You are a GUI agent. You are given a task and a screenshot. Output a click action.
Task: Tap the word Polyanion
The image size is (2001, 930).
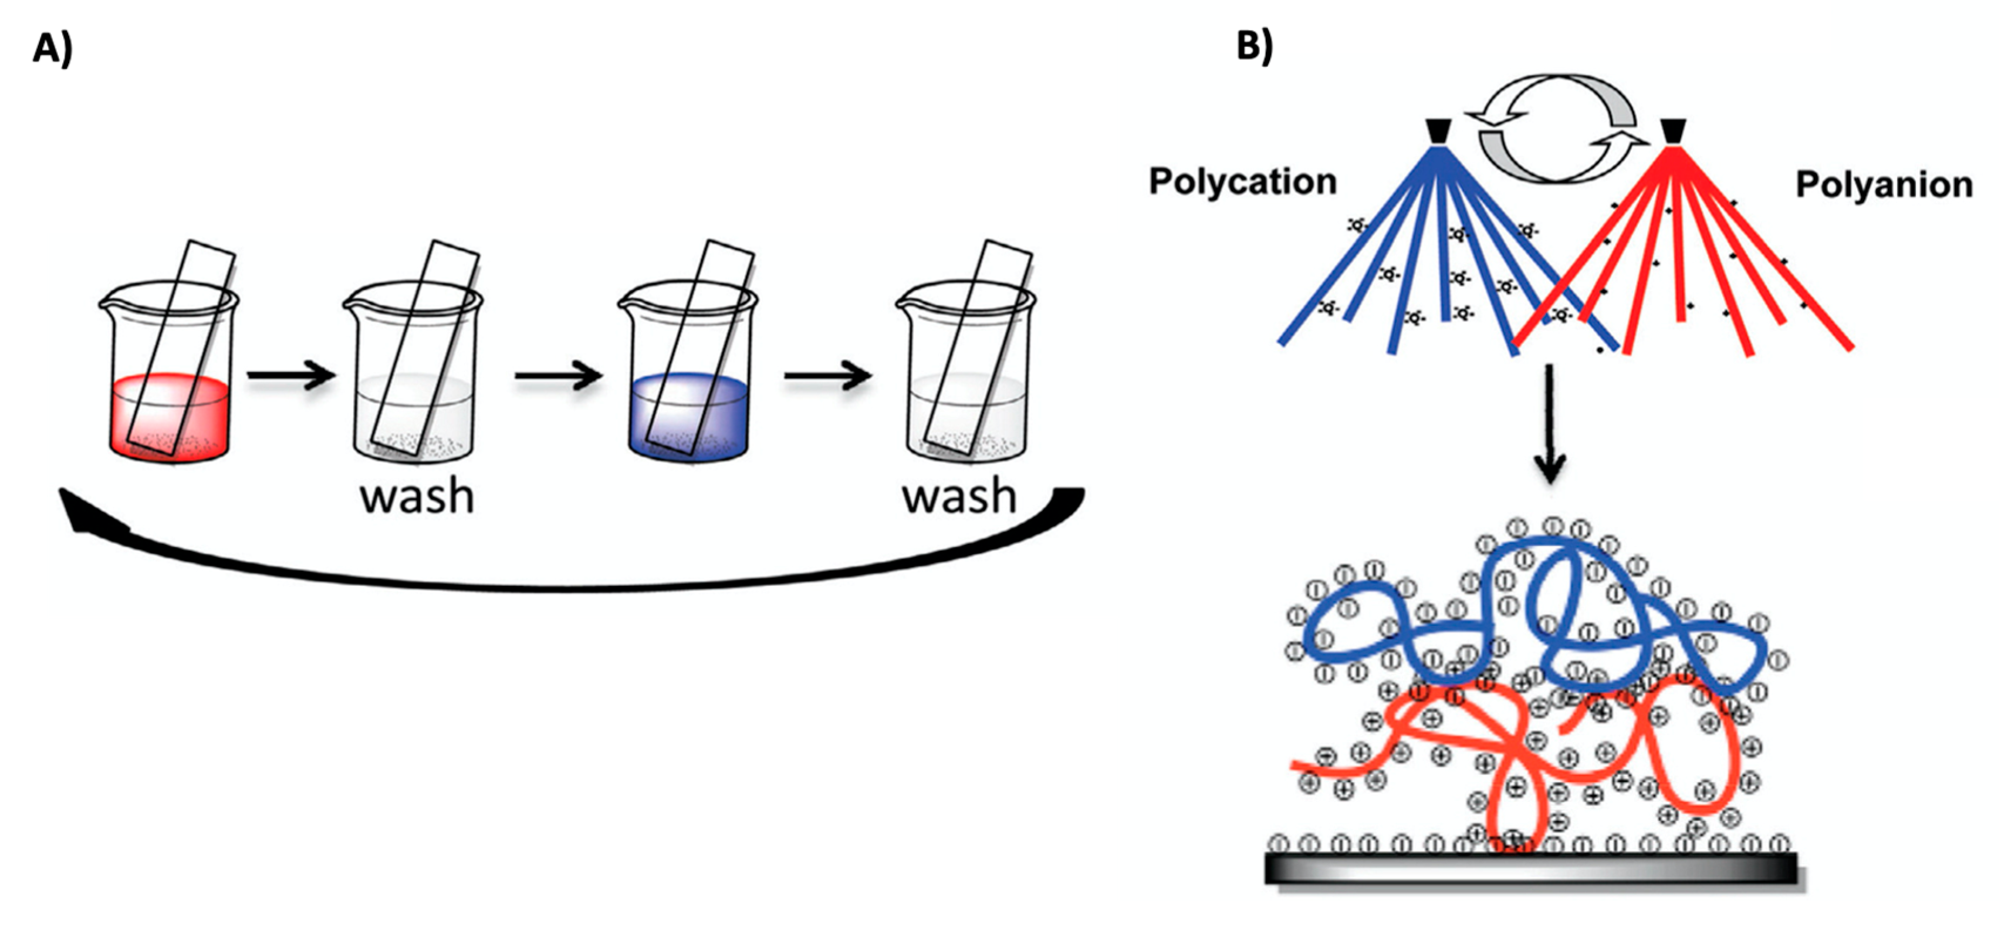click(1883, 185)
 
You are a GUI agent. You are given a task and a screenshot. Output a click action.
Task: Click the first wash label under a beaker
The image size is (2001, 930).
click(417, 497)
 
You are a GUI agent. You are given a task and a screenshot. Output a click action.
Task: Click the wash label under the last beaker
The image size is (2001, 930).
click(959, 497)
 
